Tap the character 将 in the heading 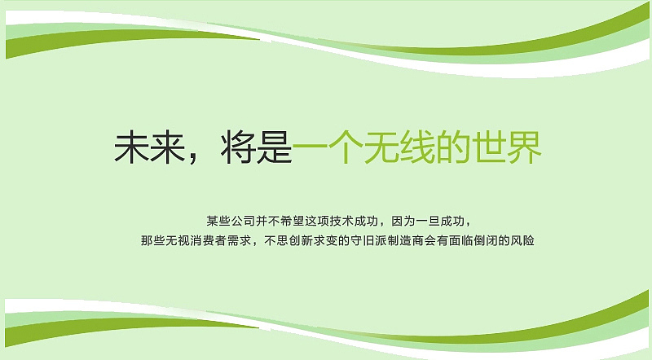tap(238, 148)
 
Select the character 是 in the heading tap(274, 148)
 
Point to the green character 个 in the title tap(345, 148)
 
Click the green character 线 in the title tap(416, 148)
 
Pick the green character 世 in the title tap(488, 148)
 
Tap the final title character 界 tap(524, 148)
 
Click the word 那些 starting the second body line tap(152, 241)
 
